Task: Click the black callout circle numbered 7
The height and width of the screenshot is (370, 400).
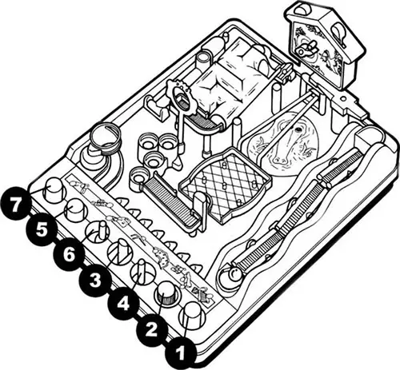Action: click(x=15, y=205)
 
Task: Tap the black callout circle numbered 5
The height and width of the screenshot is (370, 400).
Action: click(x=42, y=229)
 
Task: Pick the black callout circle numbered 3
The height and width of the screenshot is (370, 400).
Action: click(x=95, y=280)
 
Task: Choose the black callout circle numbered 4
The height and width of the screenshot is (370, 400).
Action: click(x=123, y=304)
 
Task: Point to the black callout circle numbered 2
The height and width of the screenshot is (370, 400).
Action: click(x=152, y=330)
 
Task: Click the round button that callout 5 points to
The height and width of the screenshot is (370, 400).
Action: click(x=76, y=210)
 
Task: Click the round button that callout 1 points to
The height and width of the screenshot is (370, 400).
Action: click(x=192, y=316)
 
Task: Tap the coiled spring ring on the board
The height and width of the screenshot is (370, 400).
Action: click(x=105, y=139)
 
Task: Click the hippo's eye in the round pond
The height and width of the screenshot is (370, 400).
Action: click(x=297, y=130)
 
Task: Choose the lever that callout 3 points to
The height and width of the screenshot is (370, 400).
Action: click(x=121, y=252)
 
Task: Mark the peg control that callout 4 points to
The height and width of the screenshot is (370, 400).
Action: click(x=142, y=273)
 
